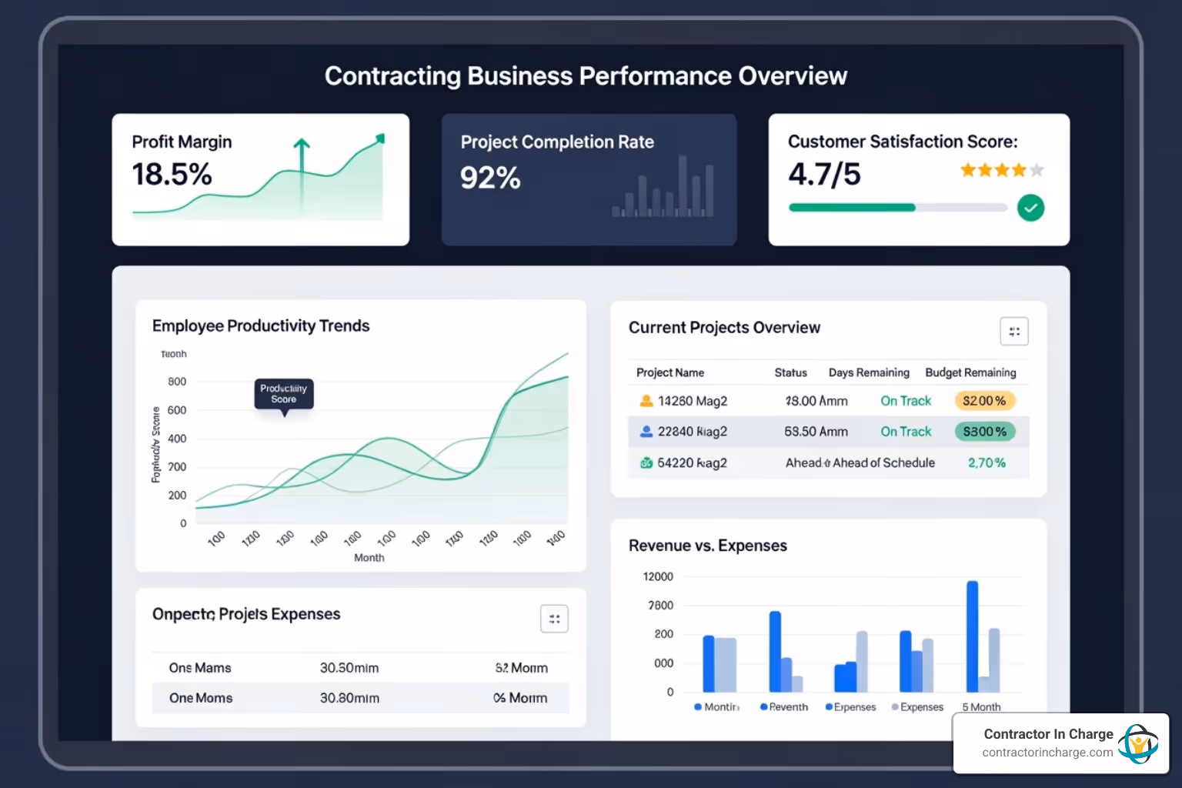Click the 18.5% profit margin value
point(172,175)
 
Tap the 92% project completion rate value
point(490,178)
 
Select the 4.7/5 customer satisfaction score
point(824,175)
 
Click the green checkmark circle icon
point(1030,208)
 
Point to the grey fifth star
point(1037,170)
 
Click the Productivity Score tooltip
point(284,394)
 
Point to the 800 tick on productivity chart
point(177,382)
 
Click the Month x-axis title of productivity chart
point(369,558)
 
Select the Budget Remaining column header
point(970,372)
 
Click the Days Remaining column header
point(869,372)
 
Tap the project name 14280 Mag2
point(692,401)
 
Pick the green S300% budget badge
point(984,432)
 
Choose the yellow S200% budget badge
point(984,401)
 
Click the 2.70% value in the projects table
point(987,462)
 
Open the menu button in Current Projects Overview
point(1013,332)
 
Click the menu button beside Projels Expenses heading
point(554,619)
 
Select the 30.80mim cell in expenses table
point(349,698)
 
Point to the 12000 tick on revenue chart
point(658,576)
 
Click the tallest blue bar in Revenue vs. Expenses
point(972,636)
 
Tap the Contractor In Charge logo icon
point(1137,743)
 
